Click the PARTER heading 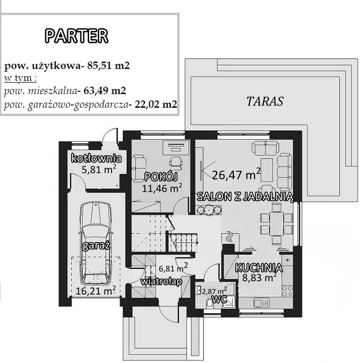(76, 36)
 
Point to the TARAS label (265, 101)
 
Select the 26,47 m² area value (236, 175)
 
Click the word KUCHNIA (259, 268)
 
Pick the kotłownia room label (96, 158)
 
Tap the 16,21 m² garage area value (96, 290)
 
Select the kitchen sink (261, 303)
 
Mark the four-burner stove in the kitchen (287, 291)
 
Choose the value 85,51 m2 (108, 66)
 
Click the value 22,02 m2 (156, 104)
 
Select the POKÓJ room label (161, 177)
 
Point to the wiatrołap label (161, 282)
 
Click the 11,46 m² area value (162, 188)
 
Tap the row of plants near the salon (209, 210)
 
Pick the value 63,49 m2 (105, 90)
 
